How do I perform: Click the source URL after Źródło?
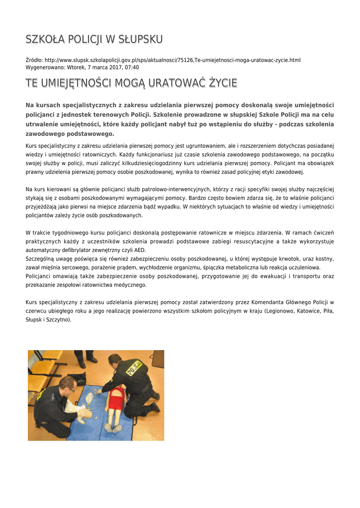172,60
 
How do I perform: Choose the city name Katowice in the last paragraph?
308,311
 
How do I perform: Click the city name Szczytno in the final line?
59,320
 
